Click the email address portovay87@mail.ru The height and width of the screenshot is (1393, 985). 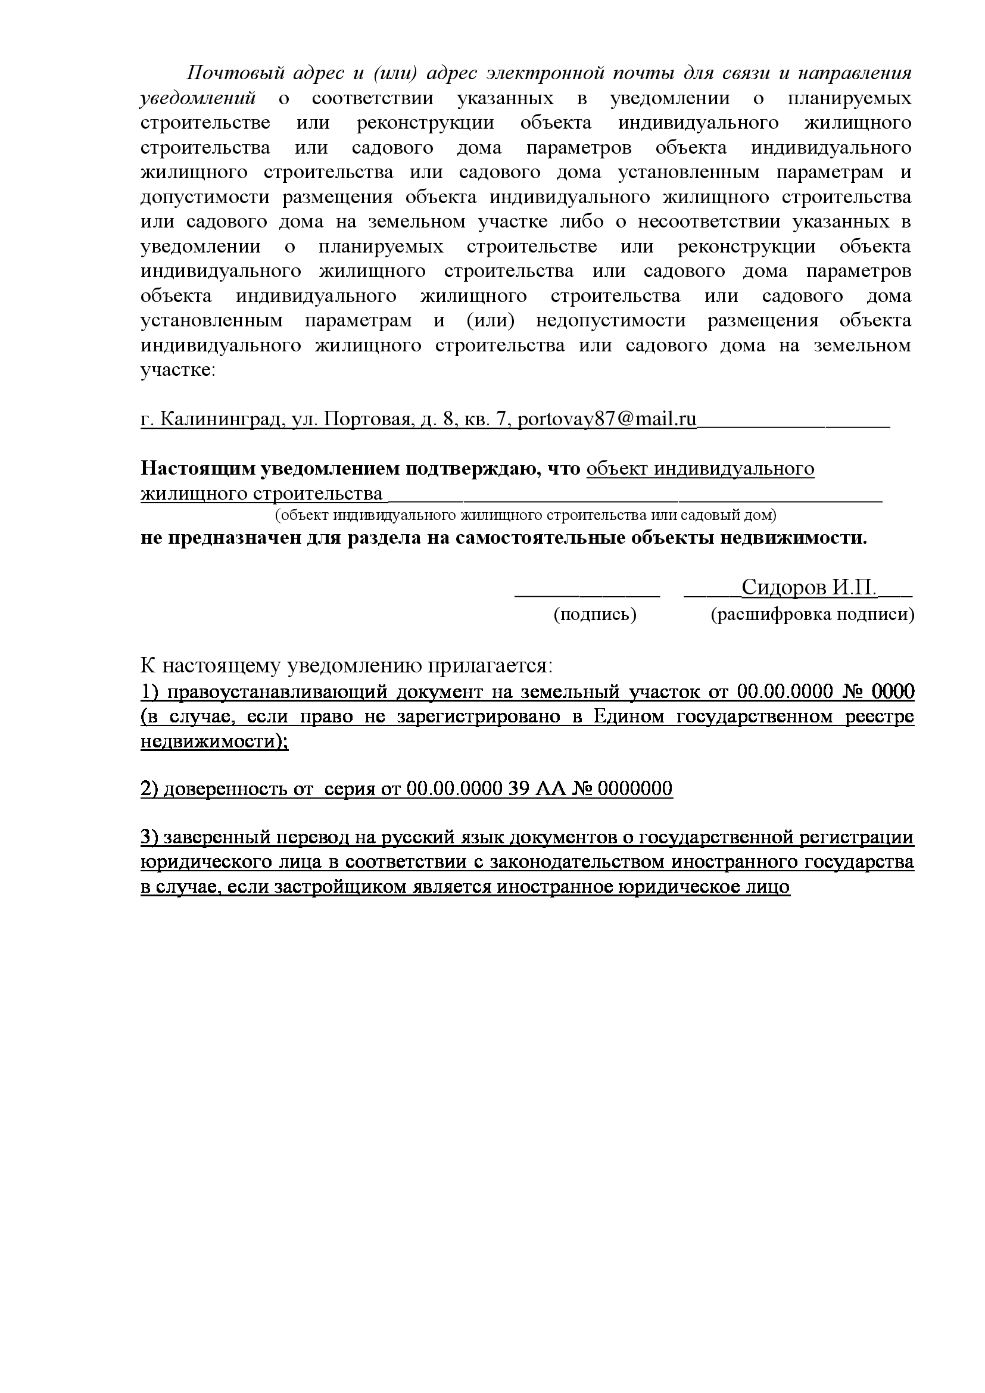coord(606,420)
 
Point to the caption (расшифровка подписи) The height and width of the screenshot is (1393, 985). coord(812,615)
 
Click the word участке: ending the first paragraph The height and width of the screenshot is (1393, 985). coord(177,370)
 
